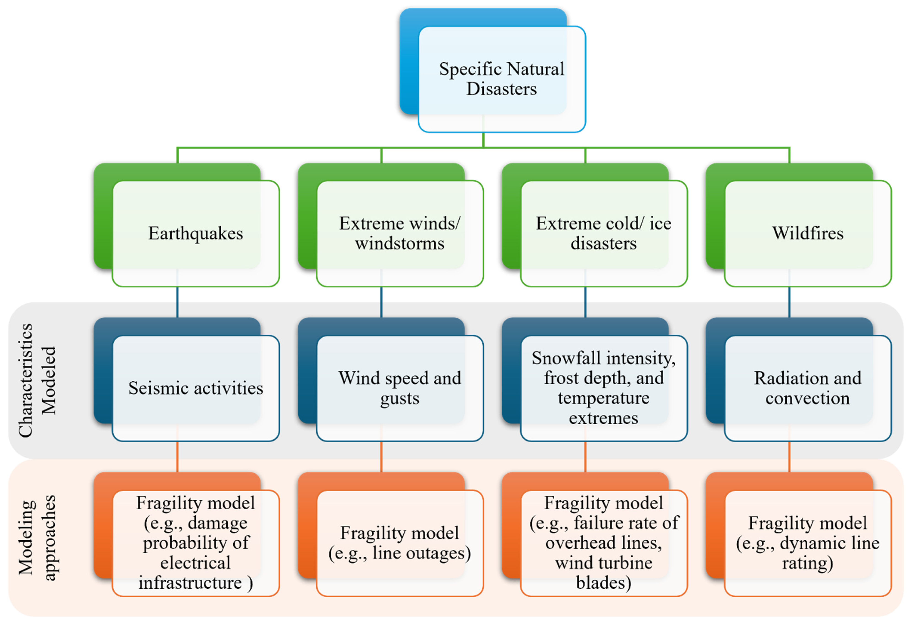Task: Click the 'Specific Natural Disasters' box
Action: (501, 78)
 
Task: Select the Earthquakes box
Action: (196, 233)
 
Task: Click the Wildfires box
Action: (807, 233)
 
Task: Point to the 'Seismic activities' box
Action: (196, 388)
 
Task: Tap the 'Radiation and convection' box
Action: (807, 388)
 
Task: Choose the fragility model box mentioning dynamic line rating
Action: (807, 543)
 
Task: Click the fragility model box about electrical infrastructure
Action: (196, 543)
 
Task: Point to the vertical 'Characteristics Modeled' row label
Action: (37, 380)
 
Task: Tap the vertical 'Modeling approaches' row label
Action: (37, 537)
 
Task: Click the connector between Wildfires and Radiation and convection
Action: (789, 302)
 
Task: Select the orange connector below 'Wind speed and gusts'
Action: (381, 457)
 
